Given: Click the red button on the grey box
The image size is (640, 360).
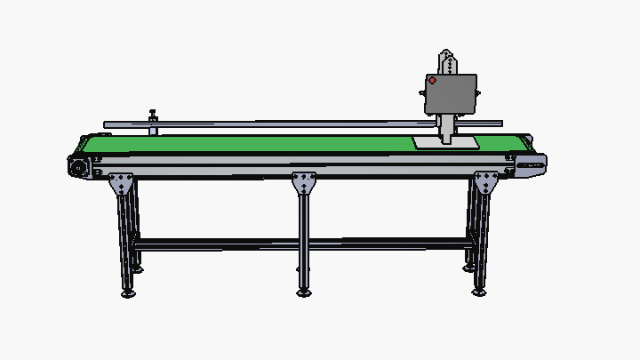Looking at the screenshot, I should tap(433, 81).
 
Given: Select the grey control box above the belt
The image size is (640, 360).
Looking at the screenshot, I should tap(452, 93).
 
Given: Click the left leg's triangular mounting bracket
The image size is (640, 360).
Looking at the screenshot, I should tap(121, 185).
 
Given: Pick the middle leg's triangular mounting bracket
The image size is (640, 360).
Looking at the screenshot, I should tap(304, 183).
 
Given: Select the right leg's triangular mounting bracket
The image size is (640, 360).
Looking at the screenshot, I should tap(486, 184).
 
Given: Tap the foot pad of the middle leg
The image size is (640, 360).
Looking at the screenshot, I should tap(304, 292).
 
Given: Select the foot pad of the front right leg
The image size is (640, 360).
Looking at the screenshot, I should tap(480, 291).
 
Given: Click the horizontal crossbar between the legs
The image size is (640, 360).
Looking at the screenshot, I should tap(302, 242).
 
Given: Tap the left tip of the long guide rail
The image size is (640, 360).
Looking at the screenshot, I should tap(106, 124).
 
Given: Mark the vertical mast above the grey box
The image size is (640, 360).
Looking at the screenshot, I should tap(449, 63).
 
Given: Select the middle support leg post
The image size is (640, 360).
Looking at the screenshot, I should tap(304, 236).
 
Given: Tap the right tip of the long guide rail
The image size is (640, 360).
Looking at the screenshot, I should tap(500, 124).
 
